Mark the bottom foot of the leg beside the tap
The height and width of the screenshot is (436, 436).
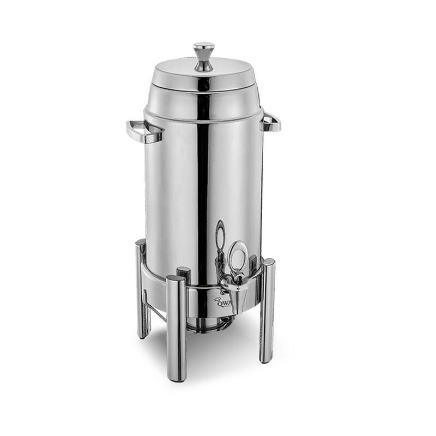point(266,359)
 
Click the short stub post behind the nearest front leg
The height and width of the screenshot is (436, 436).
point(183,274)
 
